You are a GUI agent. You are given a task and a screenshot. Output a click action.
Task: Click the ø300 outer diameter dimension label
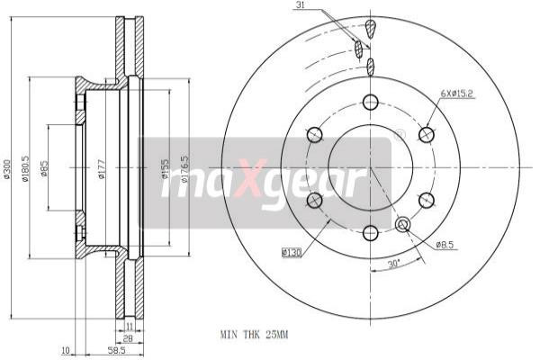7,167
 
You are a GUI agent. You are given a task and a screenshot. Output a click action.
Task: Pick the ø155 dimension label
165,166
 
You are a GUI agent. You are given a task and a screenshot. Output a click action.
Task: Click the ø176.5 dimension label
185,166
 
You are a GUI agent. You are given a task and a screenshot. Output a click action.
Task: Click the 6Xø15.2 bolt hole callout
457,93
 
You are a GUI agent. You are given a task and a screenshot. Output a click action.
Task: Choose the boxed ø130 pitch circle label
291,253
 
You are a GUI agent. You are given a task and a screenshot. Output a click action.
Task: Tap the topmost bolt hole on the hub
370,102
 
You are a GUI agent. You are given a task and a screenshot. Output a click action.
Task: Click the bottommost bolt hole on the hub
370,233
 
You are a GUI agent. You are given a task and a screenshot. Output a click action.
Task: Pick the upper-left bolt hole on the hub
314,135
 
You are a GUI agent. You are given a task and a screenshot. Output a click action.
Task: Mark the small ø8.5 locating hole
402,224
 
